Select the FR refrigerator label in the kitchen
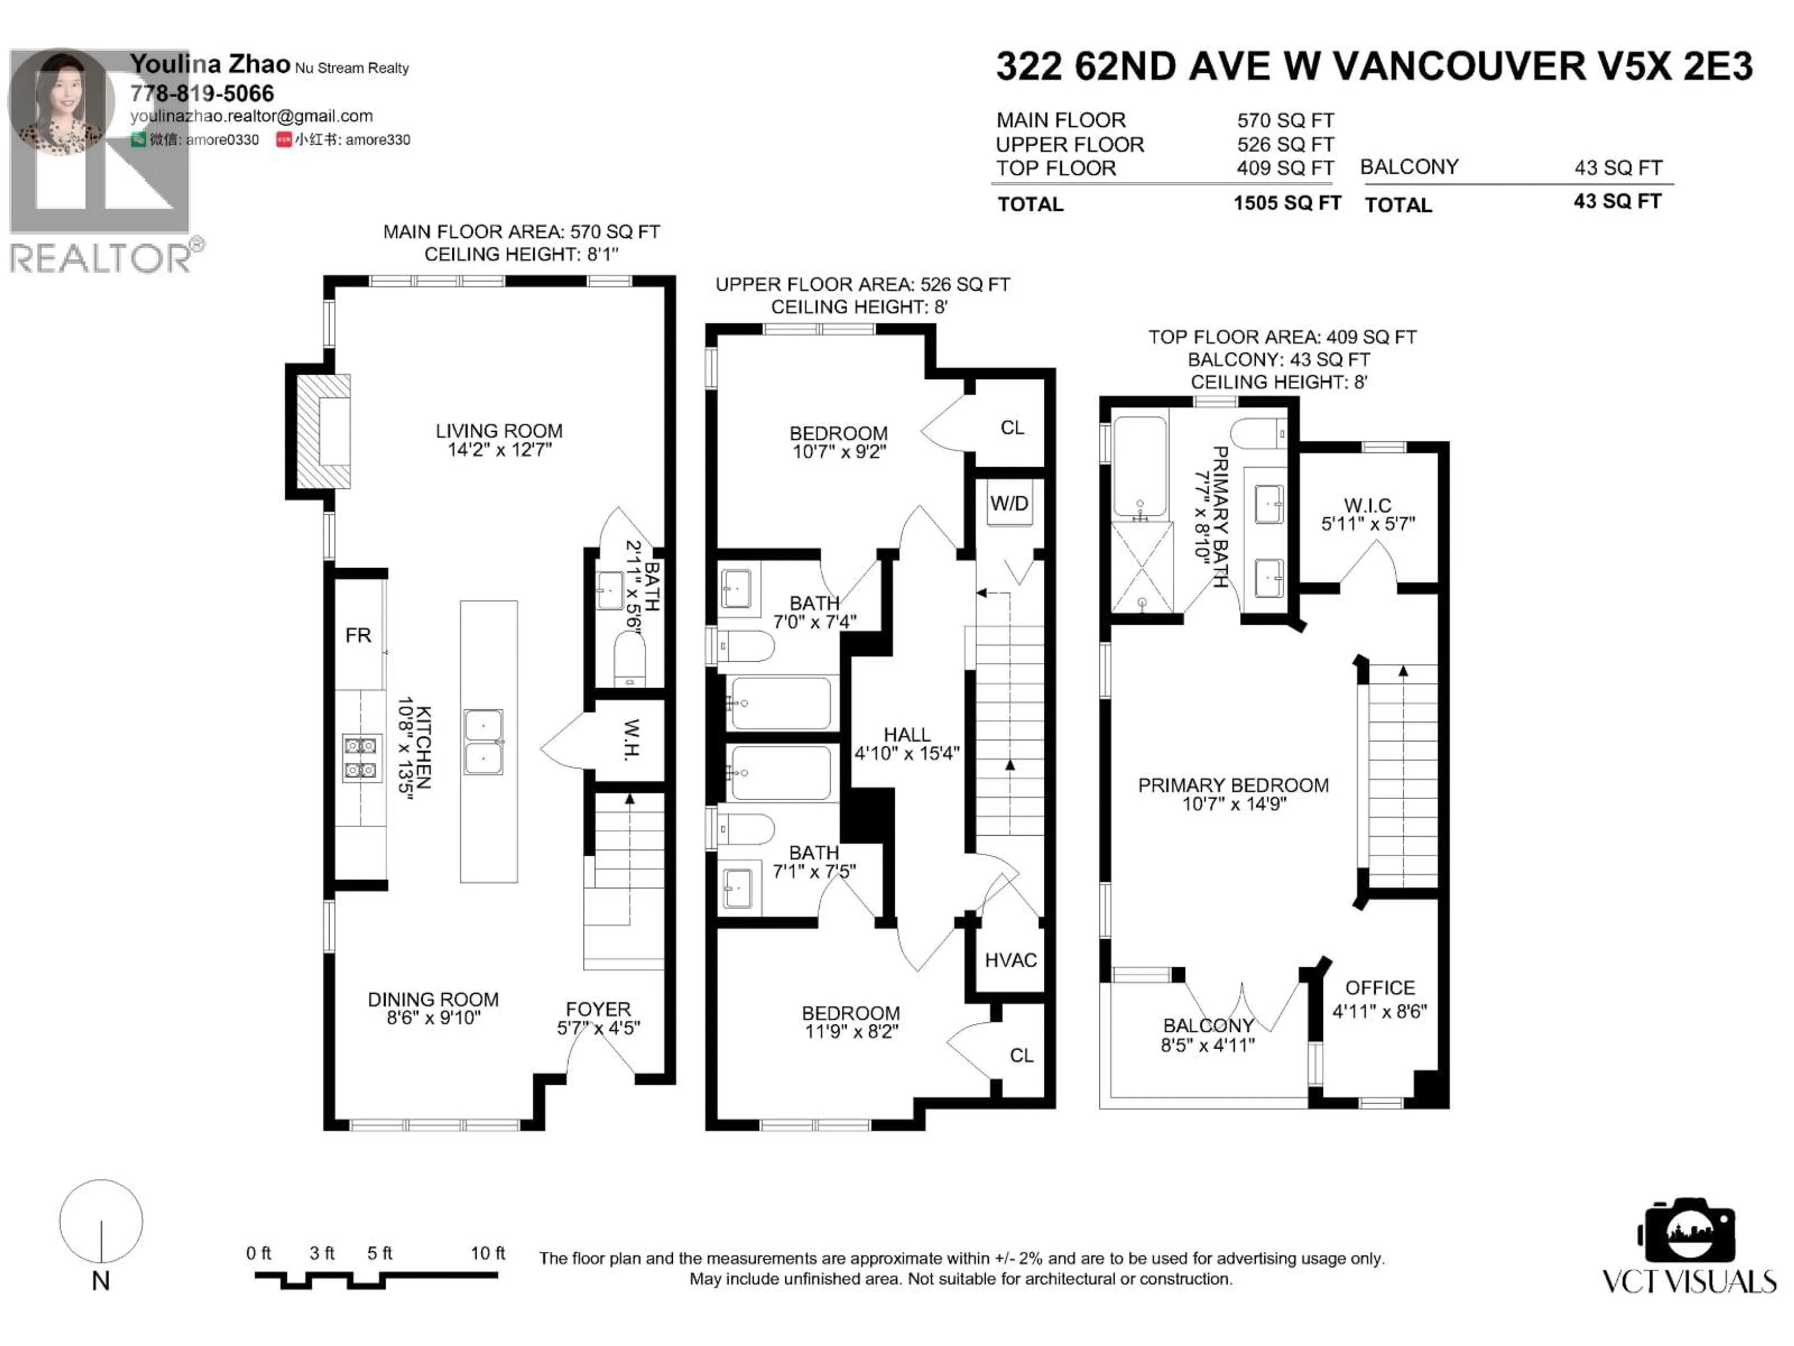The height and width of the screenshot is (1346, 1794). pyautogui.click(x=358, y=635)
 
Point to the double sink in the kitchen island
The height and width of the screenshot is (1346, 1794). pyautogui.click(x=484, y=742)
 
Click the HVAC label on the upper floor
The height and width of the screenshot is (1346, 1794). pyautogui.click(x=1011, y=960)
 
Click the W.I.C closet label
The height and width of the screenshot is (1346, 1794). pyautogui.click(x=1367, y=515)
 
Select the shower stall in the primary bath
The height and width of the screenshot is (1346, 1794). pyautogui.click(x=1141, y=567)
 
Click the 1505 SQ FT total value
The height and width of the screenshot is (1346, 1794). pyautogui.click(x=1286, y=203)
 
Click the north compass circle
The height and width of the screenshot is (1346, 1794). pyautogui.click(x=101, y=1222)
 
